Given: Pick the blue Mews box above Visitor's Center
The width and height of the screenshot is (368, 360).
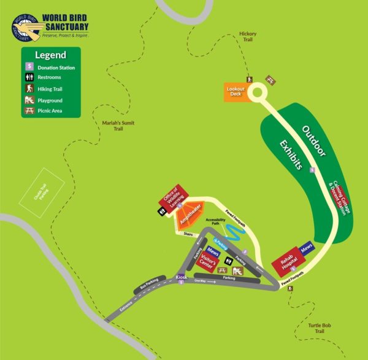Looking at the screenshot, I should point(213,252).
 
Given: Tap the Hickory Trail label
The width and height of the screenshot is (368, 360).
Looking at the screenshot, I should point(248,36).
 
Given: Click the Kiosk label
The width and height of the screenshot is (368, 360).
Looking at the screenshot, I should point(181,277).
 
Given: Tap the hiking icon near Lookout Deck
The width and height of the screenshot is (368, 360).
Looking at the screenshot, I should point(250,80).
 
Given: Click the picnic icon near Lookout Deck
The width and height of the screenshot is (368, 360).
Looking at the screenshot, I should point(270,80).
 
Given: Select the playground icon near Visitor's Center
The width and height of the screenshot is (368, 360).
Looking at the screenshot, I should point(236,270).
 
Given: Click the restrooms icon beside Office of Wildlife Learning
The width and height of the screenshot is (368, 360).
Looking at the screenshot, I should point(161,210).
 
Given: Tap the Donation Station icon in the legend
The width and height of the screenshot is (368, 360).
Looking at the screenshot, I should point(28,67).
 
